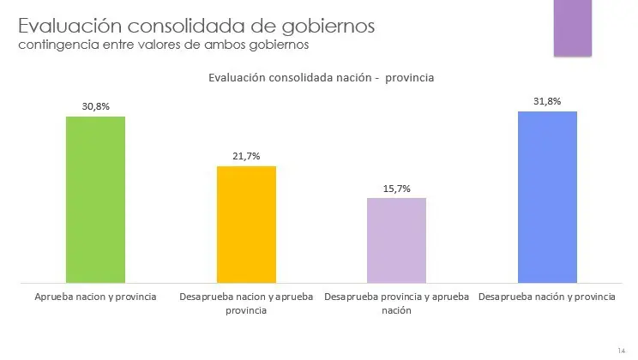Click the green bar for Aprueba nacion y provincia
[95, 199]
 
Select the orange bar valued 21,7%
[246, 224]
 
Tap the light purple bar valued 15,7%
[396, 240]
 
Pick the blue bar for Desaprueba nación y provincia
[547, 197]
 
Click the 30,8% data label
[95, 106]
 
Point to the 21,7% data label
[246, 156]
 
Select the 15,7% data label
[396, 188]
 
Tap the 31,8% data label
[547, 101]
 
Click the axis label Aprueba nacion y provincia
[95, 297]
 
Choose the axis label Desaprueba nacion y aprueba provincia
[246, 303]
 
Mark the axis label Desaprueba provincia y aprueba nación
[397, 303]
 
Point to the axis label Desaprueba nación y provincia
[547, 297]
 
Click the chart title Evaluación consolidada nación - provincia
[321, 78]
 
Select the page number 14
[621, 350]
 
